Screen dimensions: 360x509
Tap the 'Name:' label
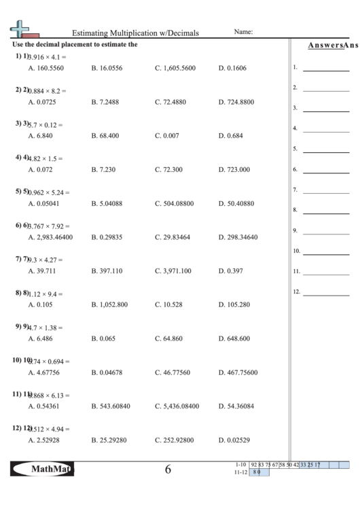point(243,31)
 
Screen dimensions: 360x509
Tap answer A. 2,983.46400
point(50,237)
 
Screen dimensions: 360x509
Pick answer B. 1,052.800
point(109,305)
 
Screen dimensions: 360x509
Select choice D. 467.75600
point(238,372)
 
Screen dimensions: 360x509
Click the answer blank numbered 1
point(325,68)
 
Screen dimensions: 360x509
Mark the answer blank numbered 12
point(325,293)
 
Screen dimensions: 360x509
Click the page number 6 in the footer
point(168,470)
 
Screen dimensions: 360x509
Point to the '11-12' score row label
point(240,472)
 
